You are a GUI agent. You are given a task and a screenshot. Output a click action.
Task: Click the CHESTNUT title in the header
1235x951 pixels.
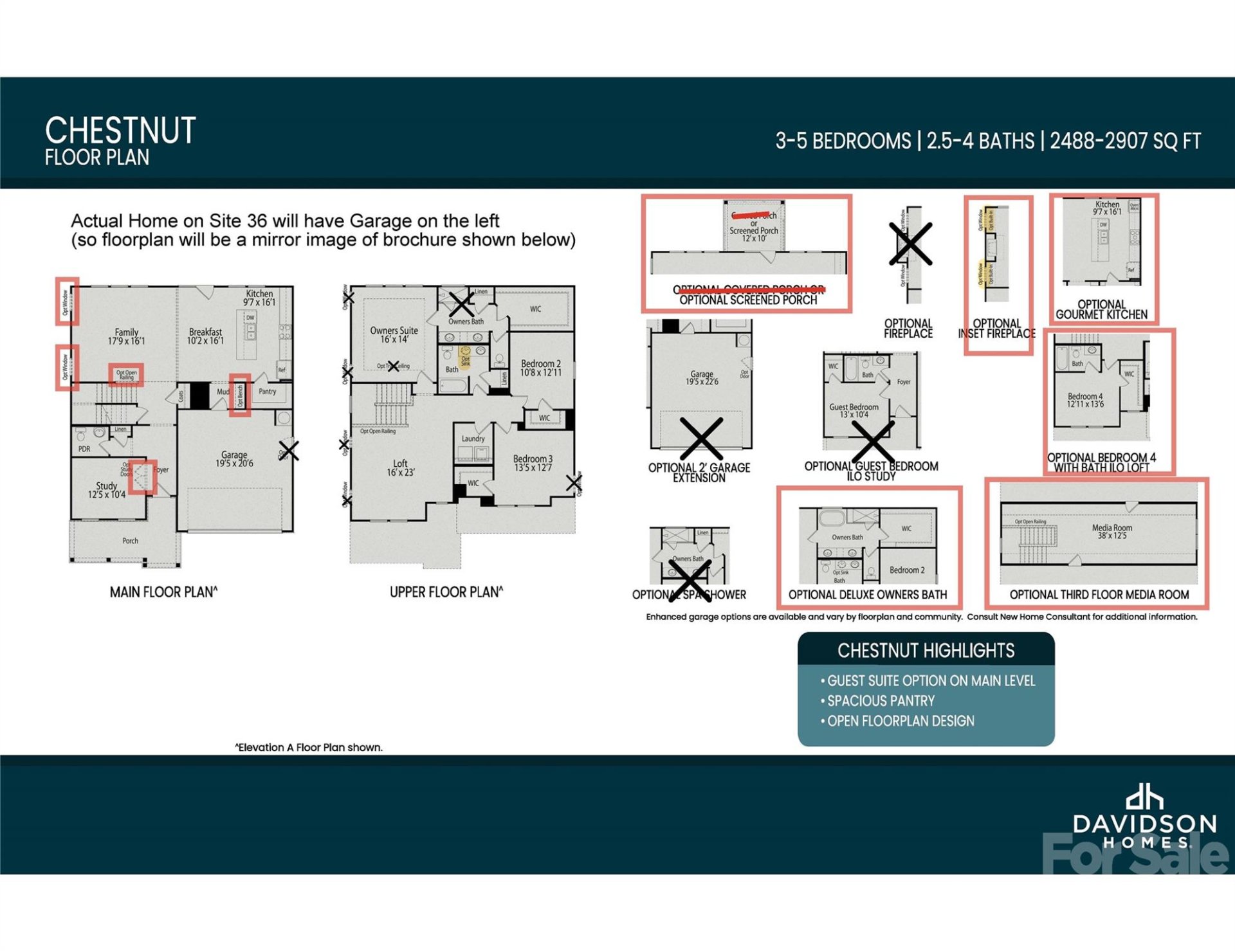point(120,131)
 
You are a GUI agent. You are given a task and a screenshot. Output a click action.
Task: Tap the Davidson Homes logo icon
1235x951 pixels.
point(1144,797)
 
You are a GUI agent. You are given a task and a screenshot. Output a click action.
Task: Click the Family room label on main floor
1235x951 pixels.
point(127,336)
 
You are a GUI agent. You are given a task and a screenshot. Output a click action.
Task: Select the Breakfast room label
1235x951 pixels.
point(205,336)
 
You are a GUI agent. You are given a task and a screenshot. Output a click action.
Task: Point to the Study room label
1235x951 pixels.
point(107,490)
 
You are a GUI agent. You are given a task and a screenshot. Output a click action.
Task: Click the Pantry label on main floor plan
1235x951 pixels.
point(268,391)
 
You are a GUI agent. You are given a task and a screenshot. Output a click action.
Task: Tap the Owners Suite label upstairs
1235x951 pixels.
point(394,334)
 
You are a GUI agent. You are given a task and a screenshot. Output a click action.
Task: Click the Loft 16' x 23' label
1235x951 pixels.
point(400,467)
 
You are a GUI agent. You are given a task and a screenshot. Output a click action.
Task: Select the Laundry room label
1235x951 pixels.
point(473,439)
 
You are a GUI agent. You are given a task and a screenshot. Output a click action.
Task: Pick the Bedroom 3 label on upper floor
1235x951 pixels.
point(533,463)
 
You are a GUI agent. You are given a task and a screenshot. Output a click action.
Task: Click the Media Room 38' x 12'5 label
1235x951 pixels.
point(1111,531)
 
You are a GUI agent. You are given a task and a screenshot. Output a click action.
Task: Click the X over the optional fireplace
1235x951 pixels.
point(910,244)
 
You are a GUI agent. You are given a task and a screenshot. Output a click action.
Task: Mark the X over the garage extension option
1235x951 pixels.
point(701,439)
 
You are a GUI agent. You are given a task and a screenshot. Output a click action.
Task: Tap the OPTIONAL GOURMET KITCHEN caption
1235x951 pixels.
point(1101,309)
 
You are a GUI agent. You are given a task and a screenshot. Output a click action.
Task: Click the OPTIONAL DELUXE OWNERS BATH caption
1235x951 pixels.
point(868,595)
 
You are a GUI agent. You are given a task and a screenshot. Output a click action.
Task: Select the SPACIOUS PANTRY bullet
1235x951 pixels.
point(881,701)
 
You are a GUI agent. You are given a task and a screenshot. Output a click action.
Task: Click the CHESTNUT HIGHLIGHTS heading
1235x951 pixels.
point(926,651)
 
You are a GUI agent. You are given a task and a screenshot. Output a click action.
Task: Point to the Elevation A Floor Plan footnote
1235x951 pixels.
point(309,747)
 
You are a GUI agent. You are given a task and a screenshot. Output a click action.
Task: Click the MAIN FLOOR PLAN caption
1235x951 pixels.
point(163,592)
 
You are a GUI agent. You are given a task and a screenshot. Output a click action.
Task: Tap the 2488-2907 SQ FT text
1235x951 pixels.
point(1125,141)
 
